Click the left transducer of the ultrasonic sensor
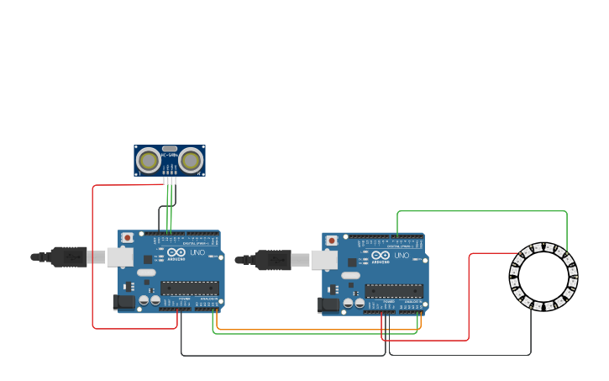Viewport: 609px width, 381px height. pyautogui.click(x=149, y=160)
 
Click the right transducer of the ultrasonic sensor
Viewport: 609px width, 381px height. pyautogui.click(x=191, y=160)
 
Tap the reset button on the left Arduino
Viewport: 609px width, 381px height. pyautogui.click(x=127, y=238)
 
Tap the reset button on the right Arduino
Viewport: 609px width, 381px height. pyautogui.click(x=332, y=241)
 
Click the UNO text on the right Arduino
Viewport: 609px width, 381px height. pyautogui.click(x=402, y=255)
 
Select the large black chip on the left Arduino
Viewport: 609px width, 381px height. pyautogui.click(x=190, y=288)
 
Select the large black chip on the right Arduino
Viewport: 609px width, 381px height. pyautogui.click(x=394, y=290)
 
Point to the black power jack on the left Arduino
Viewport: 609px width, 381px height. pyautogui.click(x=123, y=302)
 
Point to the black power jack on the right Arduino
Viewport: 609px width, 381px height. pyautogui.click(x=328, y=304)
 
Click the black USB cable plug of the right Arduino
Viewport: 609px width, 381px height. pyautogui.click(x=273, y=260)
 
